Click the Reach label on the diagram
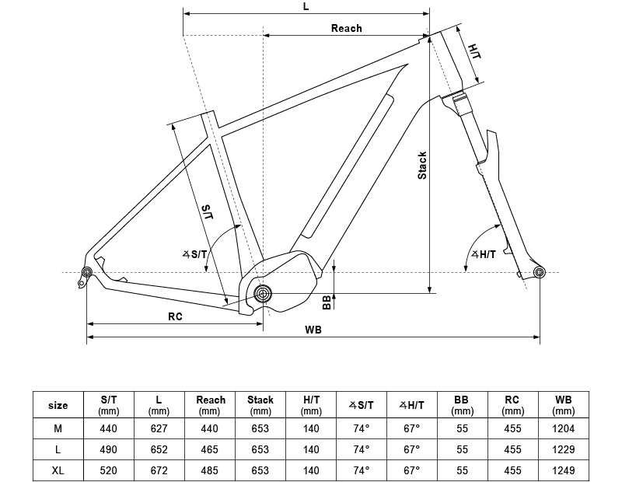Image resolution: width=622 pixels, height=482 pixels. (346, 28)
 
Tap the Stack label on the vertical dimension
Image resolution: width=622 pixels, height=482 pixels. (422, 165)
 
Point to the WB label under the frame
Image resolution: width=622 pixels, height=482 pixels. (313, 330)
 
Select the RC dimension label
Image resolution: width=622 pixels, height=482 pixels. (175, 316)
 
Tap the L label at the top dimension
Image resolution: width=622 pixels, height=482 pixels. (306, 6)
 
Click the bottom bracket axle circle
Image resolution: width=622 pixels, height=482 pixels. (263, 294)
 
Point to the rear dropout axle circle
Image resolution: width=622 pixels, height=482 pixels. (86, 271)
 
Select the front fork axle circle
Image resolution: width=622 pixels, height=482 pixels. (540, 271)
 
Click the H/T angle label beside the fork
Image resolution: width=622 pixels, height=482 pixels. (483, 254)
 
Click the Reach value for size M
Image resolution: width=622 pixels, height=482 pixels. (210, 428)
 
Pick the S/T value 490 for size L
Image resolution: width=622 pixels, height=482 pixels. (109, 449)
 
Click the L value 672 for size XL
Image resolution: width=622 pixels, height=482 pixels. (159, 471)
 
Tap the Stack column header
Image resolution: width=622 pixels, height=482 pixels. (260, 405)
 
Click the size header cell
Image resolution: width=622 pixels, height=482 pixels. (58, 405)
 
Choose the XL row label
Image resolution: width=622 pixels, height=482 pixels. (58, 471)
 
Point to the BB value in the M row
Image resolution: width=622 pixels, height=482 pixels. (463, 428)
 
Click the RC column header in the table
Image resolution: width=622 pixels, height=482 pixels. (513, 405)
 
